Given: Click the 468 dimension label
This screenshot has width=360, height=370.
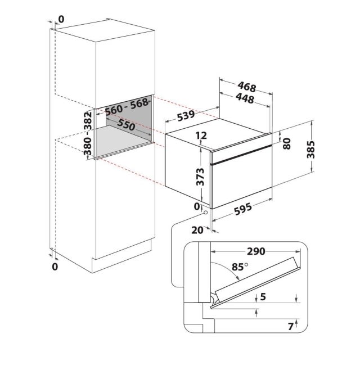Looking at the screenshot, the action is pos(247,87).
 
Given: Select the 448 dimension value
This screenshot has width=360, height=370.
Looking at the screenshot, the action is pos(245,98).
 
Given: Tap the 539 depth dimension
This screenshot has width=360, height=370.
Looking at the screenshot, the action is pos(186,116).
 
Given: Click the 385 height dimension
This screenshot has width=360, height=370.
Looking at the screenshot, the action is pos(310,150).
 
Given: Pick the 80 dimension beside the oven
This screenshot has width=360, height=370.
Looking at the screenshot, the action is pos(287,144).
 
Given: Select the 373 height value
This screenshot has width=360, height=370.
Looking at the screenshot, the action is pos(200,177).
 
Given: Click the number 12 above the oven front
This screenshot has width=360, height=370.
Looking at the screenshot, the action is pos(201,136).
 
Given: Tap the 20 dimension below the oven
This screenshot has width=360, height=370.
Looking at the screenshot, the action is pos(197,230).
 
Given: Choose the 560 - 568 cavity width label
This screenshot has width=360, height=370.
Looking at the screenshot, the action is pos(127,107).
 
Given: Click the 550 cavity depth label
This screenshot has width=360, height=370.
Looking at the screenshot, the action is pos(127,124).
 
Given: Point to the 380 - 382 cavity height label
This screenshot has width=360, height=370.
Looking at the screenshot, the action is pos(88,133).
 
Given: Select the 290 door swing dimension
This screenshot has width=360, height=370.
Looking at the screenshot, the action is pos(256,251).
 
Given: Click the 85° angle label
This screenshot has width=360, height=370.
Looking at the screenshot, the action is pos(240,267).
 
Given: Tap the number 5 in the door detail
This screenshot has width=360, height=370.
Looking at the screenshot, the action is pos(263,296).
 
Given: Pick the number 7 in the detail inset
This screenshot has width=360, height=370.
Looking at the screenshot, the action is pos(291,326).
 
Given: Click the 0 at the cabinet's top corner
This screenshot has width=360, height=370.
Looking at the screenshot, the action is pos(61,19).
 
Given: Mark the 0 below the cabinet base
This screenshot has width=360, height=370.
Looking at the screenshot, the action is pos(55,267).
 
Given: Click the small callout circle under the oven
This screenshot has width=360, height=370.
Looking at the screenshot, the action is pos(206,213).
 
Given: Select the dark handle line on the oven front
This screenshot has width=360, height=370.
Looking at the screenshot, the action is pos(241,154).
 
